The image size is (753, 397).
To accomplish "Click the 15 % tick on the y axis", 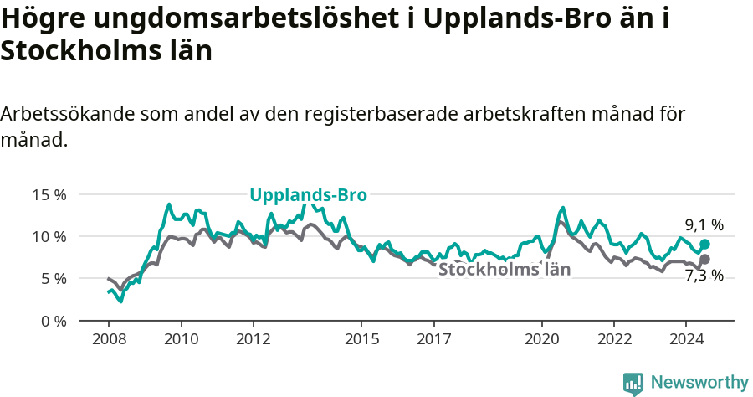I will pyautogui.click(x=49, y=194).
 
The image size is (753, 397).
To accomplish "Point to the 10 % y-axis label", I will pyautogui.click(x=49, y=236).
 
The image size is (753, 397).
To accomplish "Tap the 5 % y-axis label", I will pyautogui.click(x=53, y=278).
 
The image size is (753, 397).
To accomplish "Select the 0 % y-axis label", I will pyautogui.click(x=53, y=321).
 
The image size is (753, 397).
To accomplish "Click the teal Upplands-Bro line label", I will pyautogui.click(x=308, y=195).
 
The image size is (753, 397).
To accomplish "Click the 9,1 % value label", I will pyautogui.click(x=704, y=224).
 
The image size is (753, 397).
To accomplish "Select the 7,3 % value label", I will pyautogui.click(x=704, y=276).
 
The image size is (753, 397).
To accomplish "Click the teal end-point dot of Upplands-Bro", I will pyautogui.click(x=704, y=244).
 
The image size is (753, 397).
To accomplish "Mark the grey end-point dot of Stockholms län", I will pyautogui.click(x=704, y=259).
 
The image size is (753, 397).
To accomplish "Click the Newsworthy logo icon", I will pyautogui.click(x=633, y=384).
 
